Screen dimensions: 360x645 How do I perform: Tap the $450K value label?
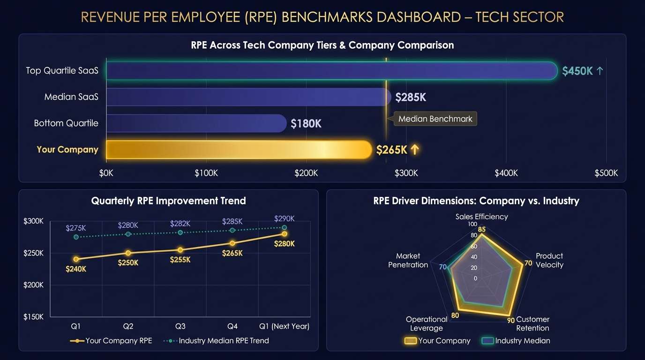(x=577, y=71)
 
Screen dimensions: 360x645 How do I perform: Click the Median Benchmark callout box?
(x=435, y=119)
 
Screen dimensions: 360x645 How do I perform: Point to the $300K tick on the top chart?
(x=406, y=173)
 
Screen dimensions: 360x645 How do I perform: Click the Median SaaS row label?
(x=71, y=97)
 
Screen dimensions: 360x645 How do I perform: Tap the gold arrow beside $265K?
(x=414, y=150)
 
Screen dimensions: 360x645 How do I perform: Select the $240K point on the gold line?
(x=76, y=259)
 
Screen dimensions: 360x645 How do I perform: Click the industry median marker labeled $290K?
(x=284, y=227)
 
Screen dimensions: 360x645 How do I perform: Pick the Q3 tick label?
(x=180, y=326)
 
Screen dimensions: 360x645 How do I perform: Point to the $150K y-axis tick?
(x=33, y=317)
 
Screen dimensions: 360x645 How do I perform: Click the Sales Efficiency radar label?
(x=481, y=217)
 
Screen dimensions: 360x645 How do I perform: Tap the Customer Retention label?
(x=532, y=324)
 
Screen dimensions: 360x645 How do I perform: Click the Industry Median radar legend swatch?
(x=487, y=341)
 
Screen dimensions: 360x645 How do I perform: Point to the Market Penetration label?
(x=408, y=260)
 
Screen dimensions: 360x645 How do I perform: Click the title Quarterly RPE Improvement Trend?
(x=168, y=201)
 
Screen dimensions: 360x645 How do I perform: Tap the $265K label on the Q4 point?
(x=232, y=253)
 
